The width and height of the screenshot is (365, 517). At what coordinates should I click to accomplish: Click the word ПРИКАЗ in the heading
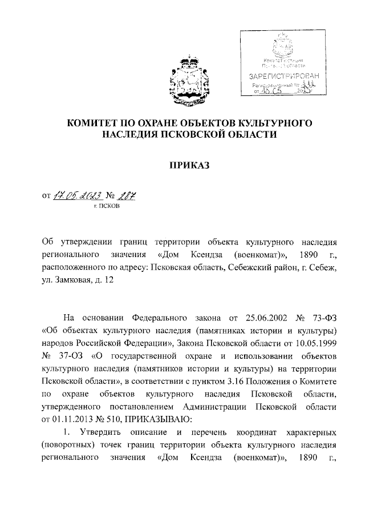(x=189, y=165)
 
